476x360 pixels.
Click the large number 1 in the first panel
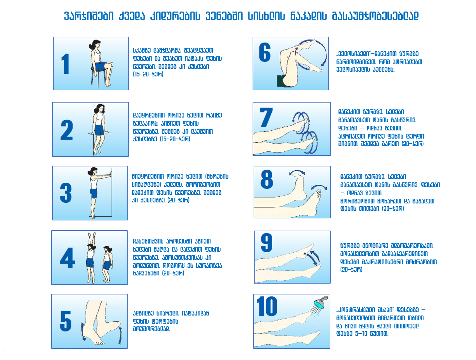[65, 64]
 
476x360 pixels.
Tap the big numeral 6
[264, 52]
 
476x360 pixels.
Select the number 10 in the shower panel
[267, 306]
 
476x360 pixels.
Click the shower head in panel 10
[321, 303]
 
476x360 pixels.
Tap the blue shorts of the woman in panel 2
[99, 130]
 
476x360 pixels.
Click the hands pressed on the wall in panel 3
[110, 175]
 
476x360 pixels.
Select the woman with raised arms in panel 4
[91, 258]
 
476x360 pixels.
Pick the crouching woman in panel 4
[107, 264]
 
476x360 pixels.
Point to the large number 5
[66, 321]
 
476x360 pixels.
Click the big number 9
[267, 242]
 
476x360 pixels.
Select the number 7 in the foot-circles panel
[266, 117]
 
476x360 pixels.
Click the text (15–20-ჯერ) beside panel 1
[148, 74]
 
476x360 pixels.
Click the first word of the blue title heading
[89, 16]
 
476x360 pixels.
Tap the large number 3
[66, 193]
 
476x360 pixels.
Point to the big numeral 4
[68, 258]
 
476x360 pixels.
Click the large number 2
[67, 130]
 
